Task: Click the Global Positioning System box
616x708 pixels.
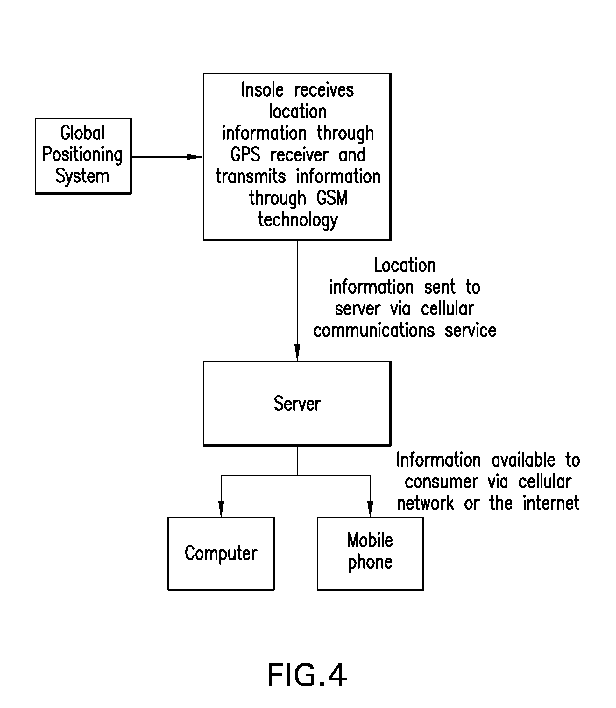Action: coord(83,156)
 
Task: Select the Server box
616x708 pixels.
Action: coord(297,403)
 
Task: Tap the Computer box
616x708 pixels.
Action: coord(221,553)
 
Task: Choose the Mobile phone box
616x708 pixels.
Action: coord(370,553)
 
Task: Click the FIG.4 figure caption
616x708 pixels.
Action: coord(307,675)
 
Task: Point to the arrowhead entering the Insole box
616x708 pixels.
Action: coord(195,157)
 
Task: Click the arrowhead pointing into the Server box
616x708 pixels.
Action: coord(297,353)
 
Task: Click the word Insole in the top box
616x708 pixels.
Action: coord(262,90)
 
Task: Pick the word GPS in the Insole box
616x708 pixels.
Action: coord(245,155)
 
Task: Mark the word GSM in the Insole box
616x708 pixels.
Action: coord(332,198)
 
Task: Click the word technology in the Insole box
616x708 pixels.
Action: coord(298,220)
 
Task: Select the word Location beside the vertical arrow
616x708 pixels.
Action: coord(405,265)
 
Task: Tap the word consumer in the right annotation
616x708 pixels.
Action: coord(441,482)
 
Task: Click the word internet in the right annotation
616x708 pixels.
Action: coord(551,504)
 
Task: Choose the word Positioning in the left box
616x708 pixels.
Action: coord(82,154)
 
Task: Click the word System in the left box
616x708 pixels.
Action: coord(82,176)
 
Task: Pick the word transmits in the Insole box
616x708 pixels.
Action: coord(251,176)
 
